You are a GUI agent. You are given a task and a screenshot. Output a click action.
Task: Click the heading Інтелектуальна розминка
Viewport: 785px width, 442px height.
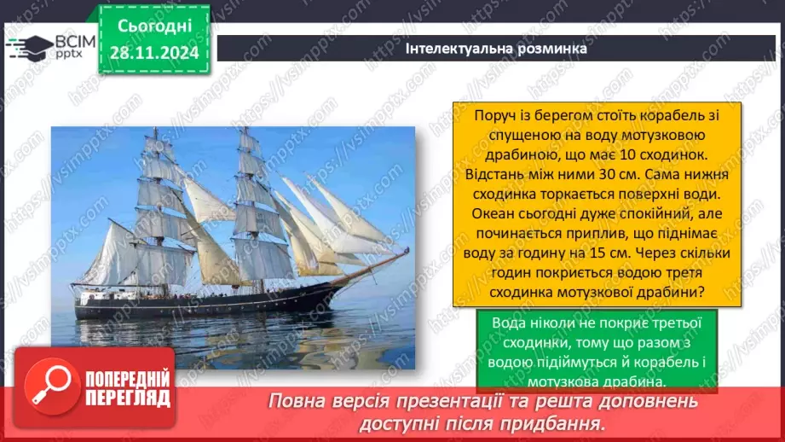click(496, 49)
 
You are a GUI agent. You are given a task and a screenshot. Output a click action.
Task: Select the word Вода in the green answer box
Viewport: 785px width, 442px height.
click(510, 322)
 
